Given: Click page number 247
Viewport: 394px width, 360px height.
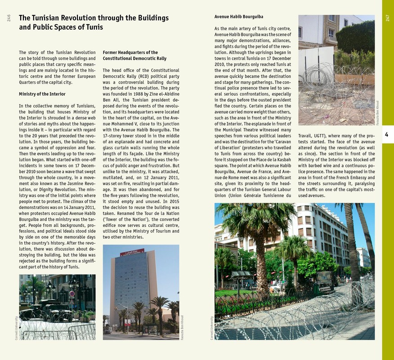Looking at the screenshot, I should tap(387, 18).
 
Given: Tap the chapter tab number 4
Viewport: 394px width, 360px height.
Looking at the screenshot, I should tap(387, 134).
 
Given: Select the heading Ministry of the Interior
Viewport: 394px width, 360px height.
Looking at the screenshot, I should tap(42, 94).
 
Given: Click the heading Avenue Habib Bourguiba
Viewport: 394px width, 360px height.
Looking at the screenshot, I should tap(238, 17).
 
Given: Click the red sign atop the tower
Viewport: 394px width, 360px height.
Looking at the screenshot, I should tap(132, 252).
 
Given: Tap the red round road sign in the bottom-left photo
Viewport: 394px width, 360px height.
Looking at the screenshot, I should tap(72, 293).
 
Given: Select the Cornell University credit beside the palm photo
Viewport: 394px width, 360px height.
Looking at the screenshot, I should tap(212, 327).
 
